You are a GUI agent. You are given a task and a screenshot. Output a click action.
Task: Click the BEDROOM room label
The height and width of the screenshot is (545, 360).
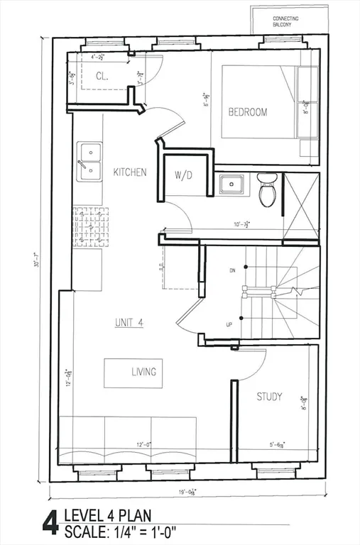coord(248,112)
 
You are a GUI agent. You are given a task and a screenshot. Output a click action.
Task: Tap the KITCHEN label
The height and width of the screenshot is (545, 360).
coord(130,172)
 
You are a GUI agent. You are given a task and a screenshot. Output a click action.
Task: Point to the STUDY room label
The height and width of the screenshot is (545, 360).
coord(269,397)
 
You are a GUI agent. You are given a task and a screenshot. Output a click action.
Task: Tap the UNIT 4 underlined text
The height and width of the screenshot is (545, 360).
coord(129,322)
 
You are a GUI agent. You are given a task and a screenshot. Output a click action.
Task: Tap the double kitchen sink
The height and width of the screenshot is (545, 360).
coord(89,162)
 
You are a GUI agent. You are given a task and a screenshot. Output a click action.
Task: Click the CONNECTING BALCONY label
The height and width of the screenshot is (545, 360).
coord(286,21)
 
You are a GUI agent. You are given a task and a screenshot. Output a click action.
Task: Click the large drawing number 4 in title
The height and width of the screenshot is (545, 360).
coord(50,523)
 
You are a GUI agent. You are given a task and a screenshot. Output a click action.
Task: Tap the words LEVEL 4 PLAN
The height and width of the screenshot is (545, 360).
coord(107,515)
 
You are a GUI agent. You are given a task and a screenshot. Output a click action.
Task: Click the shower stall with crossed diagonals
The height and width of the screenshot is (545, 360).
coord(301,208)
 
